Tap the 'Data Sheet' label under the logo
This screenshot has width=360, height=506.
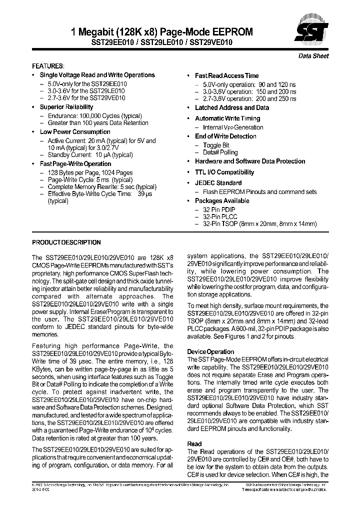(x=313, y=56)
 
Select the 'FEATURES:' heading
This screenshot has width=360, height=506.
(x=48, y=66)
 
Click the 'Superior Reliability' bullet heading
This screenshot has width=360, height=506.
(x=66, y=107)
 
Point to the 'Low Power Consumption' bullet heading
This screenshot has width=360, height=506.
(x=68, y=132)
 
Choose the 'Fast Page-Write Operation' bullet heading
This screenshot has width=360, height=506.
(x=75, y=163)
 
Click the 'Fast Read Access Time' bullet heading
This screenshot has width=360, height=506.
(x=226, y=75)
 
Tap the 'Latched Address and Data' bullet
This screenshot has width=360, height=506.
(x=231, y=107)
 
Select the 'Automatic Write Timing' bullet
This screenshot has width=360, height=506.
(x=227, y=118)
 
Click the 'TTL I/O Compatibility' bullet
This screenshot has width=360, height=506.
(x=224, y=172)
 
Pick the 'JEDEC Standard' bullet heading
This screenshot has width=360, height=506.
(x=218, y=183)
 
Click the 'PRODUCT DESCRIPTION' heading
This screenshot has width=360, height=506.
(x=66, y=242)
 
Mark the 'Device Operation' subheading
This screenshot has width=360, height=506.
(x=210, y=351)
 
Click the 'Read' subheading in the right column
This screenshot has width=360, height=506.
(x=194, y=443)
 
